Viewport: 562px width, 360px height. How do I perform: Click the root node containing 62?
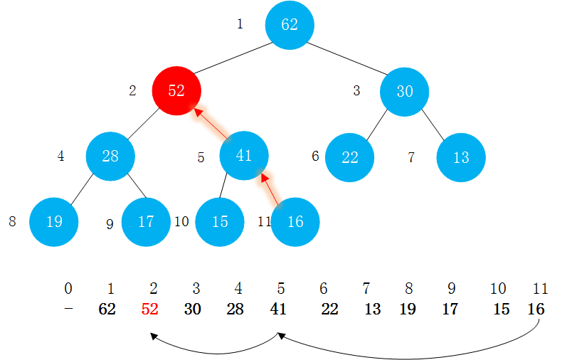click(x=290, y=25)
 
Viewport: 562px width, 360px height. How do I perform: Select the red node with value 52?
click(x=176, y=90)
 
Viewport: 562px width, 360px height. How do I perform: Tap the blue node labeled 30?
click(x=404, y=90)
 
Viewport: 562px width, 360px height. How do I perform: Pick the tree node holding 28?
click(x=110, y=156)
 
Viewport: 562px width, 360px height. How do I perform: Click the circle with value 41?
click(x=244, y=156)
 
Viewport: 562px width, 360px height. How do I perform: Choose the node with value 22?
click(x=349, y=157)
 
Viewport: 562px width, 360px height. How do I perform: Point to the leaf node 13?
click(x=461, y=157)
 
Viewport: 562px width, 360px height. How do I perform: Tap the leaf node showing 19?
click(x=54, y=221)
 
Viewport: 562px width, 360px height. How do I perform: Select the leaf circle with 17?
click(x=146, y=221)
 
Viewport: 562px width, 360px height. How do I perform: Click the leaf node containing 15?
click(x=220, y=221)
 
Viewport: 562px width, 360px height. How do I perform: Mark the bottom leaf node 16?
click(x=295, y=221)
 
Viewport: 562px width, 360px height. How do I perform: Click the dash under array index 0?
click(x=68, y=309)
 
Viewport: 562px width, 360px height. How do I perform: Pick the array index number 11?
click(x=541, y=289)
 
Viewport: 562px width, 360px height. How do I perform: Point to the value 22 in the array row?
click(x=329, y=309)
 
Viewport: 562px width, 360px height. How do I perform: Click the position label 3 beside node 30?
click(x=357, y=91)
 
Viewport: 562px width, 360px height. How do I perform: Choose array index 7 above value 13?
click(x=366, y=289)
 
